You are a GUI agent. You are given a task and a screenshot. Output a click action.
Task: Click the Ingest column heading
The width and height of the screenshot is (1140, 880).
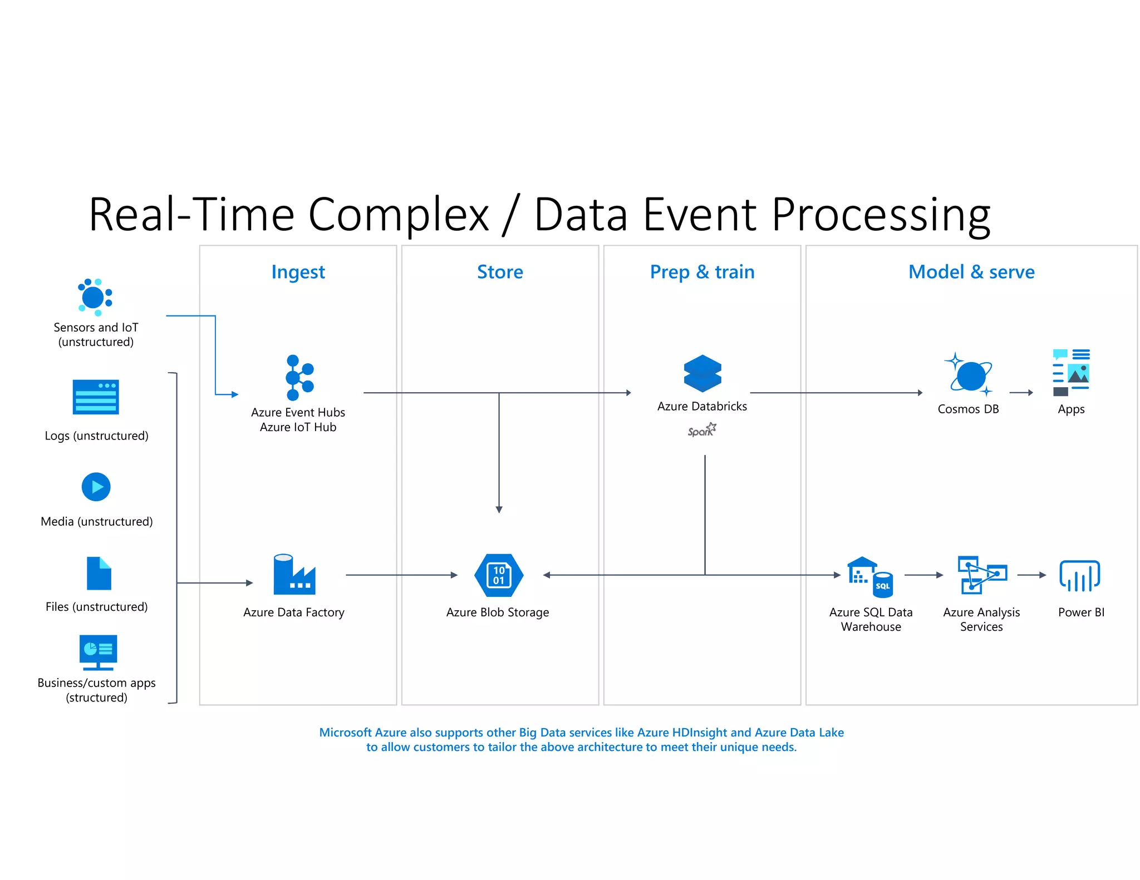tap(298, 272)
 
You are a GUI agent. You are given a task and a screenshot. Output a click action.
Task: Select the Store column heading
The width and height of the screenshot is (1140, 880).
tap(500, 272)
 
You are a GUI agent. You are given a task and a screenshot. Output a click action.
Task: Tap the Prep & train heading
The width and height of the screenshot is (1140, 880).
tap(702, 272)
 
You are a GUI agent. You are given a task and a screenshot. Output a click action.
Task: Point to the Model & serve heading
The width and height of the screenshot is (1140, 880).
tap(971, 272)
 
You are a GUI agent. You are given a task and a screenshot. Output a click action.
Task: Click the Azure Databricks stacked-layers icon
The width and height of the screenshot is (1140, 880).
tap(702, 373)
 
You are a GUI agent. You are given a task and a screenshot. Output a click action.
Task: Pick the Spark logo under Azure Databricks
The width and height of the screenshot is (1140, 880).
tap(702, 430)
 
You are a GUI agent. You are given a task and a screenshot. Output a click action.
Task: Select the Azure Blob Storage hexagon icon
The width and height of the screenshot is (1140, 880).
tap(499, 575)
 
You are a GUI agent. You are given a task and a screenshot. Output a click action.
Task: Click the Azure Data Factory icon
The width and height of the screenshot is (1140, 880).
tap(294, 575)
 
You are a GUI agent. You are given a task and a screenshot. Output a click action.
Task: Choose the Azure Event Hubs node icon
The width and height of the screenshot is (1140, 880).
tap(299, 378)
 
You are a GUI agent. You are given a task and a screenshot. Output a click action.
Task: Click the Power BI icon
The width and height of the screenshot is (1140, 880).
tap(1079, 576)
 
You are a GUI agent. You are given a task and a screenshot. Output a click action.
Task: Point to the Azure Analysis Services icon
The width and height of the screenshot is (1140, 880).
tap(982, 575)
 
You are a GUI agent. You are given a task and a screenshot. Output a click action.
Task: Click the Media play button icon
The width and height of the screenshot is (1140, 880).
tap(96, 487)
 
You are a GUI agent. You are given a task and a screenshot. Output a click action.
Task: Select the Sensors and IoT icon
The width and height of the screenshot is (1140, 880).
tap(95, 297)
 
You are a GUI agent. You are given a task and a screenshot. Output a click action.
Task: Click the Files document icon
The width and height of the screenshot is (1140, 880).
tap(99, 573)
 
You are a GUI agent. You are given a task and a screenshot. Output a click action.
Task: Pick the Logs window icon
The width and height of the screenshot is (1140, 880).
tap(96, 397)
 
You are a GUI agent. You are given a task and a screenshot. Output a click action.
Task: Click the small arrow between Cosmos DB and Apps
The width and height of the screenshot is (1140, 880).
tap(1021, 393)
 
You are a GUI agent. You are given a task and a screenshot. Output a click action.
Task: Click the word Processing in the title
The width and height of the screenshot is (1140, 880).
tap(881, 215)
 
